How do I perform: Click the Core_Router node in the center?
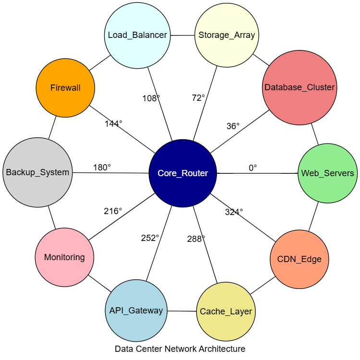pos(183,173)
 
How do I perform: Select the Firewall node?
pos(65,88)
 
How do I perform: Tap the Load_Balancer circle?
pos(137,35)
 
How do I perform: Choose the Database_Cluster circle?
pos(300,87)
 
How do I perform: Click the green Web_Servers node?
pos(327,173)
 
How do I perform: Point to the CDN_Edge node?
pos(300,259)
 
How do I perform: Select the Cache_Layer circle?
pos(226,312)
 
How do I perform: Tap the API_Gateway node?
pos(136,311)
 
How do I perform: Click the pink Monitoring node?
pos(65,257)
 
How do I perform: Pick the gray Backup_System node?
pos(37,172)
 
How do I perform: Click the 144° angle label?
pos(114,123)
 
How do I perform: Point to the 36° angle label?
pos(233,126)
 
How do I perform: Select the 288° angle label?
pos(196,239)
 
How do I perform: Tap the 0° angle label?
pos(253,168)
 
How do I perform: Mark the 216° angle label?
pos(113,211)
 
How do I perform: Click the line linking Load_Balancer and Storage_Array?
pos(182,35)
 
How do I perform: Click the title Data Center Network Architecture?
pos(180,349)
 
